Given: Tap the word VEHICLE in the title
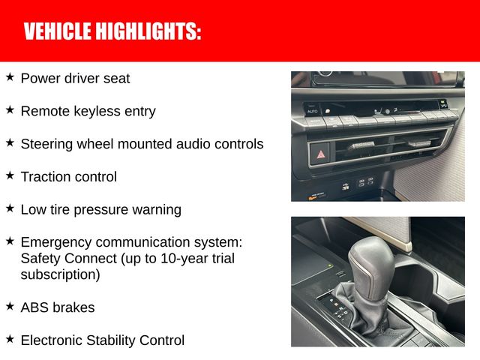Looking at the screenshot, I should point(56,31).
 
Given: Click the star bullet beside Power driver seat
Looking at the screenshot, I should point(10,77).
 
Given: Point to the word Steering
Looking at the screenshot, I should point(46,145).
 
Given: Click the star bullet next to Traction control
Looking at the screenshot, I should point(10,175).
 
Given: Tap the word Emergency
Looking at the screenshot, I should point(53,243).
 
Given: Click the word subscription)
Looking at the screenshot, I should point(61,275).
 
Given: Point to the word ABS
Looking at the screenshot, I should point(34,307).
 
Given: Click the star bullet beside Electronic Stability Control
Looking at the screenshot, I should point(10,339).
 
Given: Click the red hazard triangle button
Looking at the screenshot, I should point(321,154).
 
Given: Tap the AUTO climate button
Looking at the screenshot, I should point(313,111).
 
